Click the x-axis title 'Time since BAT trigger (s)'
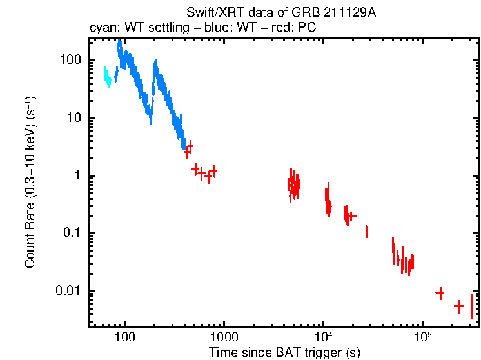[284, 352]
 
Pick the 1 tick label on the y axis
[77, 175]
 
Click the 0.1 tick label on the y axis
[72, 233]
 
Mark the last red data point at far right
[471, 306]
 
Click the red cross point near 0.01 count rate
[440, 293]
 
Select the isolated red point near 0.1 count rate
[366, 232]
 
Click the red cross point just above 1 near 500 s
[195, 168]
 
